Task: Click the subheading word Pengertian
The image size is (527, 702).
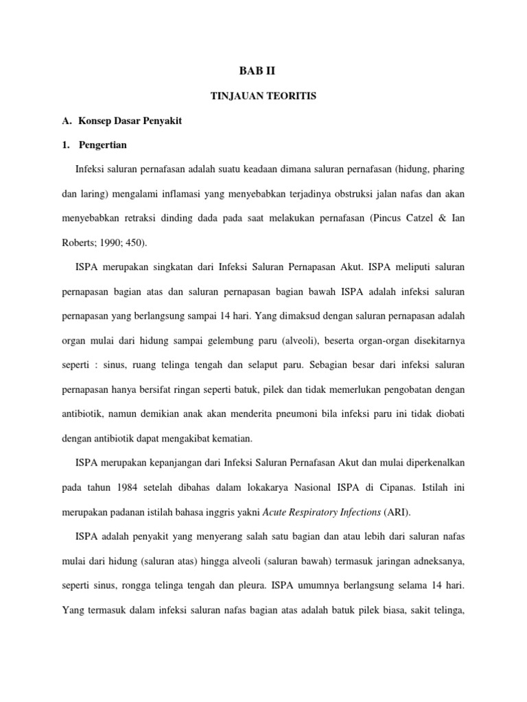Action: point(103,146)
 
